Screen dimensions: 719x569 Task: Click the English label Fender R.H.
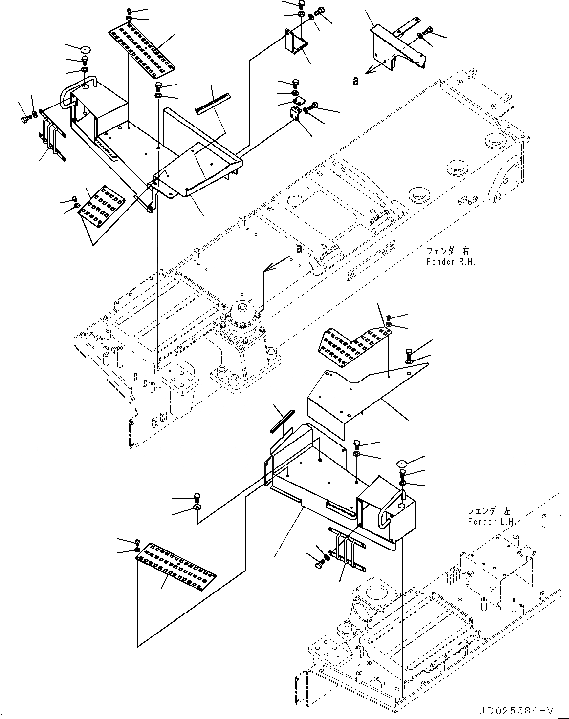coord(444,261)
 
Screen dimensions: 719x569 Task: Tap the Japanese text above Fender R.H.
coord(447,251)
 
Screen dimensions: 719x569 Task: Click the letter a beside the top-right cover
coord(356,81)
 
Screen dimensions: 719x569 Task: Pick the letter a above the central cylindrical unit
coord(299,249)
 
